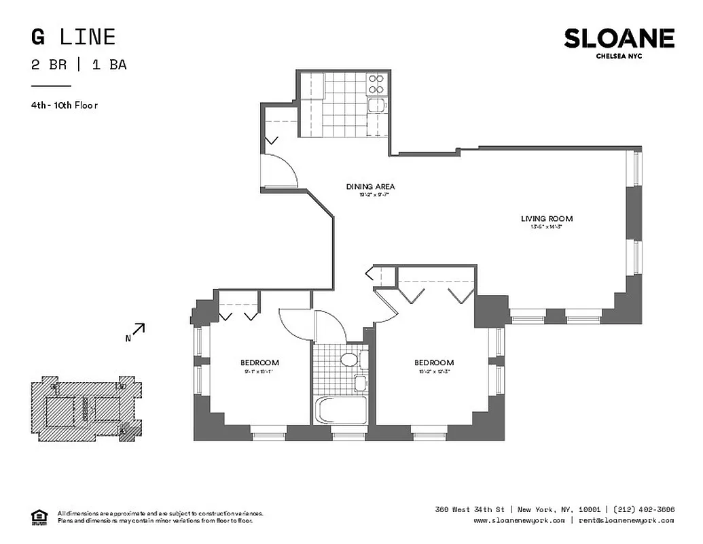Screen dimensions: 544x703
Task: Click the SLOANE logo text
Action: [x=619, y=39]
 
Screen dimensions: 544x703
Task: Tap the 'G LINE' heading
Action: [x=73, y=37]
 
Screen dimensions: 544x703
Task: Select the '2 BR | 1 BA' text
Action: [x=79, y=65]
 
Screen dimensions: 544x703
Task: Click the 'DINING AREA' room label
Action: [x=370, y=187]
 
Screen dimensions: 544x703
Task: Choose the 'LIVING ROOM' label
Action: [x=546, y=219]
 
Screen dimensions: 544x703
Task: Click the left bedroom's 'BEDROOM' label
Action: [x=259, y=363]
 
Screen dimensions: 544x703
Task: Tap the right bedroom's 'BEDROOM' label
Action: [x=434, y=363]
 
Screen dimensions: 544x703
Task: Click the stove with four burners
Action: [x=376, y=84]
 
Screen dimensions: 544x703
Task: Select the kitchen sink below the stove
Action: [x=376, y=105]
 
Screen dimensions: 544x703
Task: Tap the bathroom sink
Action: [x=360, y=384]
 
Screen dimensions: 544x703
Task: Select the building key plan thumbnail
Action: [x=86, y=411]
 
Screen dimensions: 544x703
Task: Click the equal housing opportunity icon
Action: [x=39, y=517]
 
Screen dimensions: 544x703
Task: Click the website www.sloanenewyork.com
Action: [x=519, y=521]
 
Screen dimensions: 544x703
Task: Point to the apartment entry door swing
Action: [x=280, y=170]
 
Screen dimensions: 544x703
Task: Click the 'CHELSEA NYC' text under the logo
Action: [x=618, y=56]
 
